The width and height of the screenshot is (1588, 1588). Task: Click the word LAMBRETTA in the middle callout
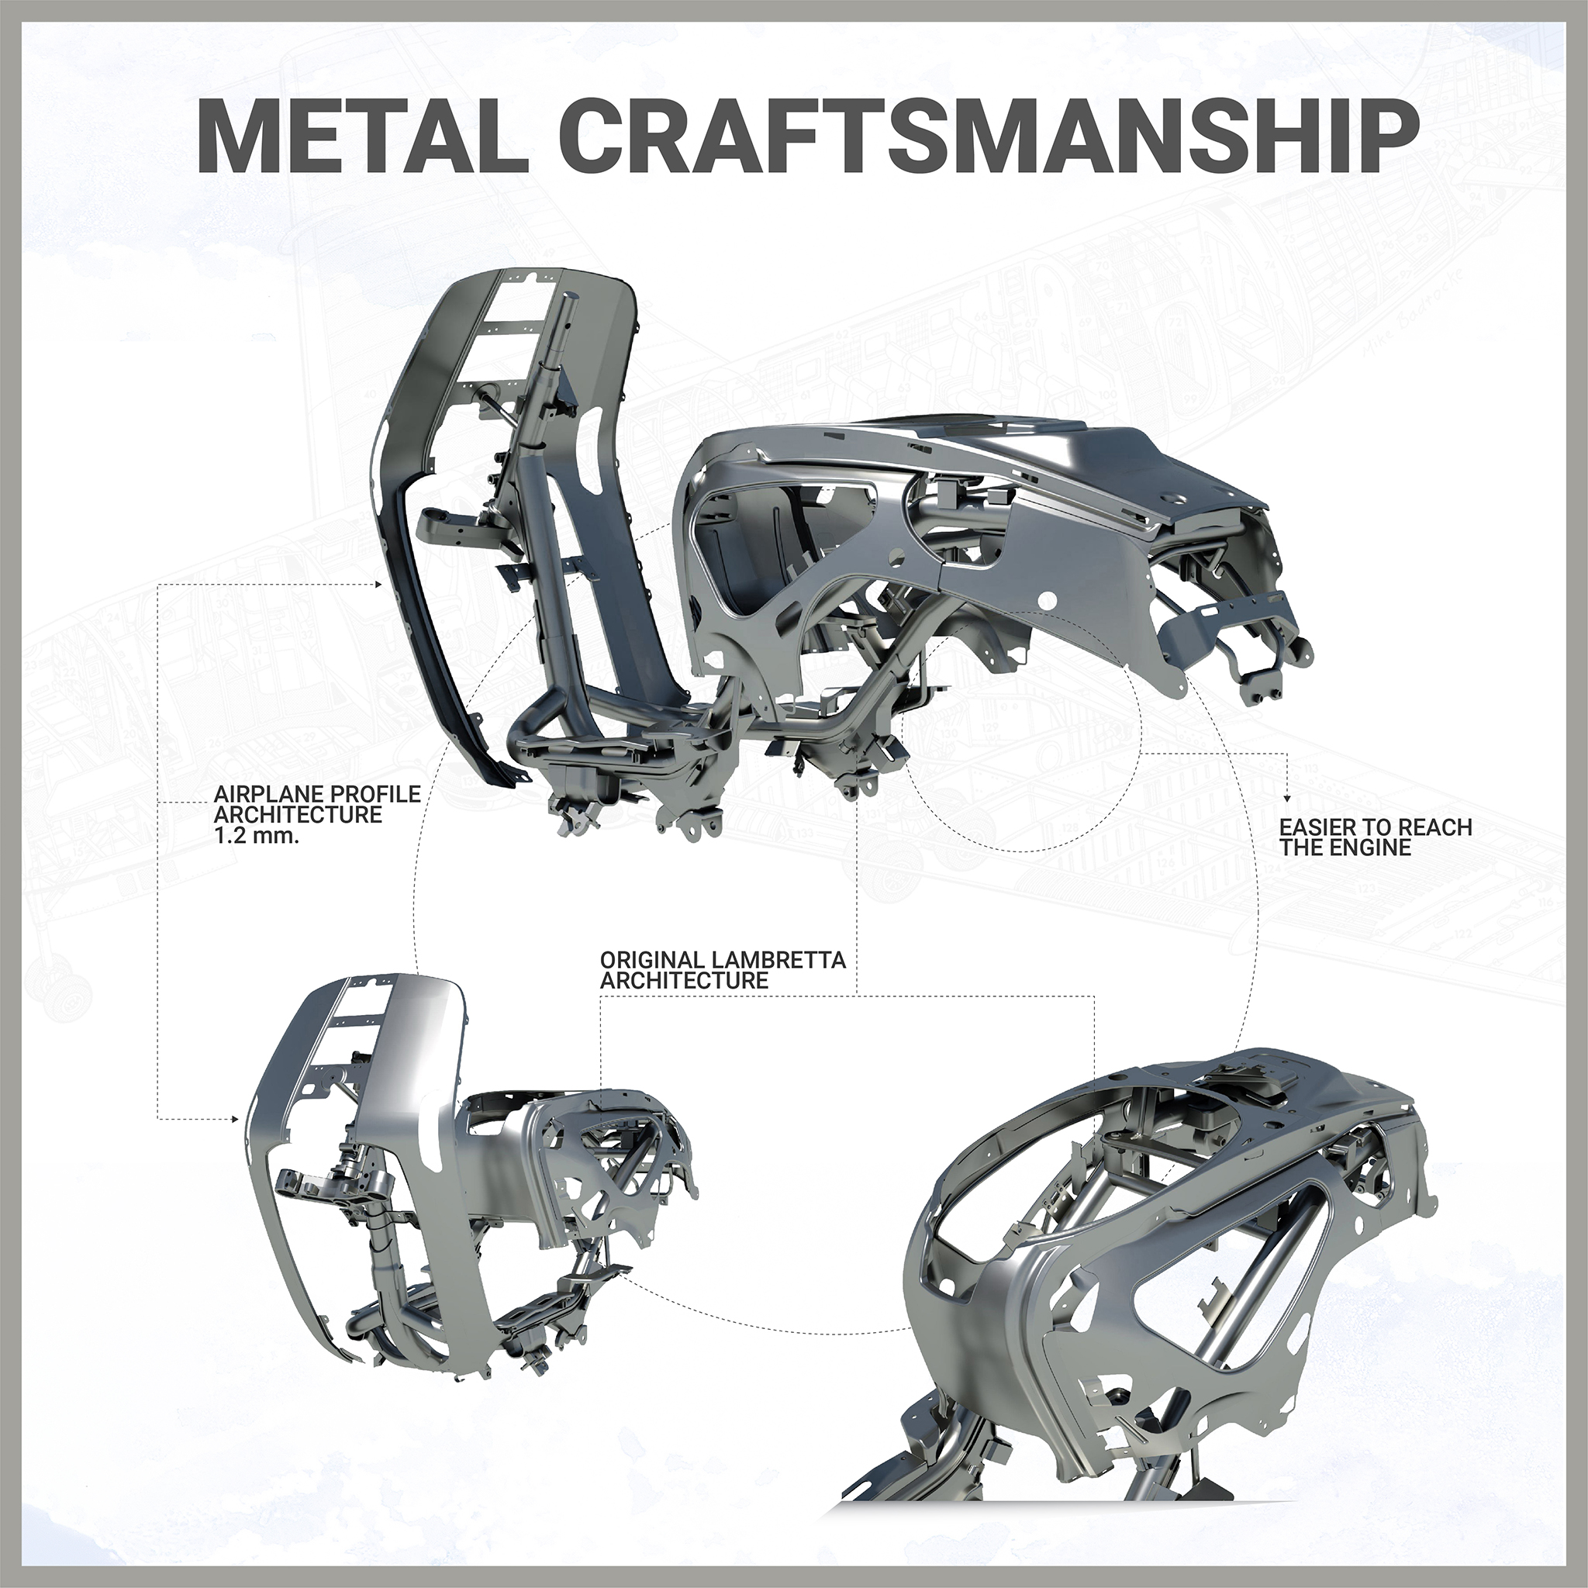[780, 960]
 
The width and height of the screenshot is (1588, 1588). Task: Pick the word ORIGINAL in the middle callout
[654, 960]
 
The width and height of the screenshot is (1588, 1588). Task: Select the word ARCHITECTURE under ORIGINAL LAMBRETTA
[684, 981]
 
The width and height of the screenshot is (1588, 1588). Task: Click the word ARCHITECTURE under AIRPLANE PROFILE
[298, 815]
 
